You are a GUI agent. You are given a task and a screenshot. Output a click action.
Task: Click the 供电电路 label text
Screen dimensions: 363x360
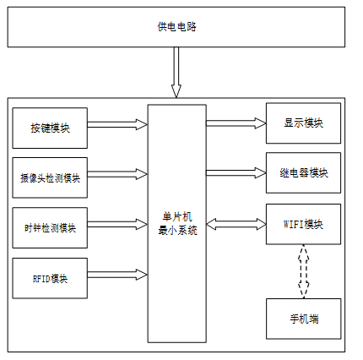(x=176, y=27)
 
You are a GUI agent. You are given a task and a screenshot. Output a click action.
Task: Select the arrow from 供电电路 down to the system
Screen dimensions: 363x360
(x=176, y=72)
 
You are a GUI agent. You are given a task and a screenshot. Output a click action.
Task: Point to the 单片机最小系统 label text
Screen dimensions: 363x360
(x=177, y=224)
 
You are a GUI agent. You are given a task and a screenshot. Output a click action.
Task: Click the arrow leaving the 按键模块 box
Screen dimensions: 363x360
(x=117, y=124)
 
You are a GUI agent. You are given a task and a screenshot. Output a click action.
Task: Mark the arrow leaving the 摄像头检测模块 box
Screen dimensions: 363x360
(x=117, y=174)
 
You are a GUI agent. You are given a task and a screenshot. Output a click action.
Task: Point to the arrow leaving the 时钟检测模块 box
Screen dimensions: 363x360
(x=117, y=225)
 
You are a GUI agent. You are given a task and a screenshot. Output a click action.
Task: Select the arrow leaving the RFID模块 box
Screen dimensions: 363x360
(x=117, y=275)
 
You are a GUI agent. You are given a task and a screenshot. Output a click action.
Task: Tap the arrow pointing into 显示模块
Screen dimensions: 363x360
(x=236, y=123)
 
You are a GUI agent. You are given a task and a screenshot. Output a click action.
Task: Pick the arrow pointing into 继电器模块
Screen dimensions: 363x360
(x=236, y=173)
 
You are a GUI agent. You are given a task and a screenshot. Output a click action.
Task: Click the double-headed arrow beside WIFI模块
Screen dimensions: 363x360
(x=236, y=225)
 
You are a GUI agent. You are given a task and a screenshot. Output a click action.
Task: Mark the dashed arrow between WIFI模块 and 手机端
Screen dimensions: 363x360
(x=303, y=271)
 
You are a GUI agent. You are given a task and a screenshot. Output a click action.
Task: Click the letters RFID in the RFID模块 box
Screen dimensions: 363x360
(x=41, y=279)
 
